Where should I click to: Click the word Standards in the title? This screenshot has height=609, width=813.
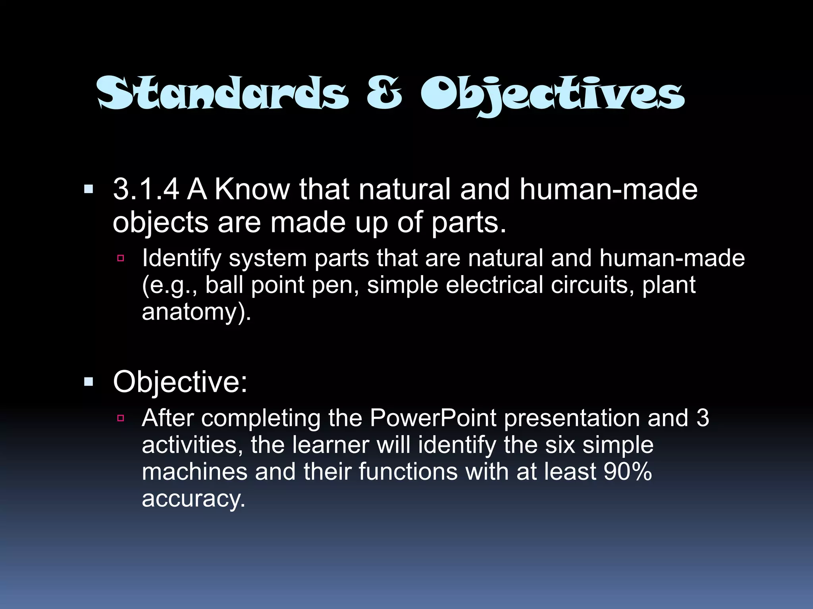pyautogui.click(x=223, y=93)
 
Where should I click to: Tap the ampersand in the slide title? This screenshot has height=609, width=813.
pyautogui.click(x=384, y=93)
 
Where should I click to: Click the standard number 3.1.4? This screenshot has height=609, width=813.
pyautogui.click(x=146, y=189)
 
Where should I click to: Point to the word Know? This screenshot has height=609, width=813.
pyautogui.click(x=252, y=189)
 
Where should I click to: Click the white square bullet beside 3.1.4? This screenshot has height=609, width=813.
pyautogui.click(x=89, y=189)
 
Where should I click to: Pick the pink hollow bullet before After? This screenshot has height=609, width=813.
pyautogui.click(x=121, y=418)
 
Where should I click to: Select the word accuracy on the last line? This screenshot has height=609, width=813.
pyautogui.click(x=193, y=499)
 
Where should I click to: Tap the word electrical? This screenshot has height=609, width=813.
pyautogui.click(x=494, y=285)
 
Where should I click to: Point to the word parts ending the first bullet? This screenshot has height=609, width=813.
pyautogui.click(x=468, y=223)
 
